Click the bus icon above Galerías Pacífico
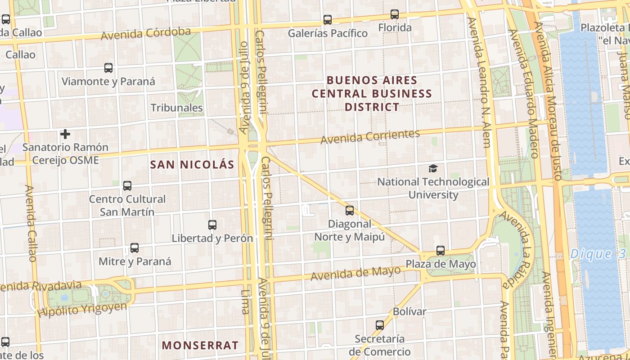pyautogui.click(x=328, y=20)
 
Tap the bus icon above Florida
pyautogui.click(x=395, y=14)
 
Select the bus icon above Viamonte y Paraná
pyautogui.click(x=108, y=68)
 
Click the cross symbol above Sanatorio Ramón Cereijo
pyautogui.click(x=65, y=134)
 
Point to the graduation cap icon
pyautogui.click(x=433, y=169)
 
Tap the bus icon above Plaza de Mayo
pyautogui.click(x=441, y=251)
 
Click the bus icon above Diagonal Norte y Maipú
pyautogui.click(x=350, y=210)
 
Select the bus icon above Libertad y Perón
pyautogui.click(x=212, y=225)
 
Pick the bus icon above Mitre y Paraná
pyautogui.click(x=135, y=247)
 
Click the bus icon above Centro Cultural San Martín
pyautogui.click(x=127, y=185)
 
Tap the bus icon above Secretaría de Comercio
pyautogui.click(x=380, y=325)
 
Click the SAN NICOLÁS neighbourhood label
pyautogui.click(x=192, y=165)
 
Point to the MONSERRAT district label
pyautogui.click(x=200, y=346)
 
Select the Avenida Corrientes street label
pyautogui.click(x=370, y=136)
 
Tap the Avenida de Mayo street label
pyautogui.click(x=355, y=273)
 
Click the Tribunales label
pyautogui.click(x=177, y=108)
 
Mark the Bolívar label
pyautogui.click(x=409, y=311)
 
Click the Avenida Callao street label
pyautogui.click(x=31, y=223)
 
